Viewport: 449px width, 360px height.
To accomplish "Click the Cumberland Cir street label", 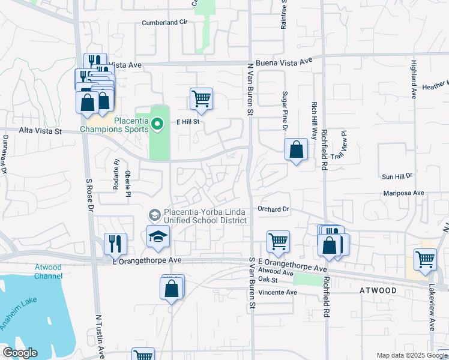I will pyautogui.click(x=165, y=22).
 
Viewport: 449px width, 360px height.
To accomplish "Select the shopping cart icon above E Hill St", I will pyautogui.click(x=201, y=98).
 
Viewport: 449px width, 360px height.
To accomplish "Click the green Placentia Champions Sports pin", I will pyautogui.click(x=157, y=125).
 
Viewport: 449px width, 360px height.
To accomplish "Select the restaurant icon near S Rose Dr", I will pyautogui.click(x=115, y=243).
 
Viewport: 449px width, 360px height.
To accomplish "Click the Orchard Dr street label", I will pyautogui.click(x=274, y=209).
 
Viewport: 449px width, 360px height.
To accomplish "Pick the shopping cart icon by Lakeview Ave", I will pyautogui.click(x=425, y=259).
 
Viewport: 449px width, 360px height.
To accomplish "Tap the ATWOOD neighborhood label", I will pyautogui.click(x=378, y=290).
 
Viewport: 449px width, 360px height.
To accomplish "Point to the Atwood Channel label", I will pyautogui.click(x=49, y=272).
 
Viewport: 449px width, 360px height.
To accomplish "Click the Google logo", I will pyautogui.click(x=20, y=353).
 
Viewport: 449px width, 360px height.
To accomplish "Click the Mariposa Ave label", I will pyautogui.click(x=403, y=193).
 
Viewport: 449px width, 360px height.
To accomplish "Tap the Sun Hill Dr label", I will pyautogui.click(x=397, y=176).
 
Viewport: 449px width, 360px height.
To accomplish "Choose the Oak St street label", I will pyautogui.click(x=268, y=280).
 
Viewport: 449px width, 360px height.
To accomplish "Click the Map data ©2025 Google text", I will pyautogui.click(x=411, y=355).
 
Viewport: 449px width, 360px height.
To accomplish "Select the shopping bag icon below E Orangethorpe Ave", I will pyautogui.click(x=172, y=287).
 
